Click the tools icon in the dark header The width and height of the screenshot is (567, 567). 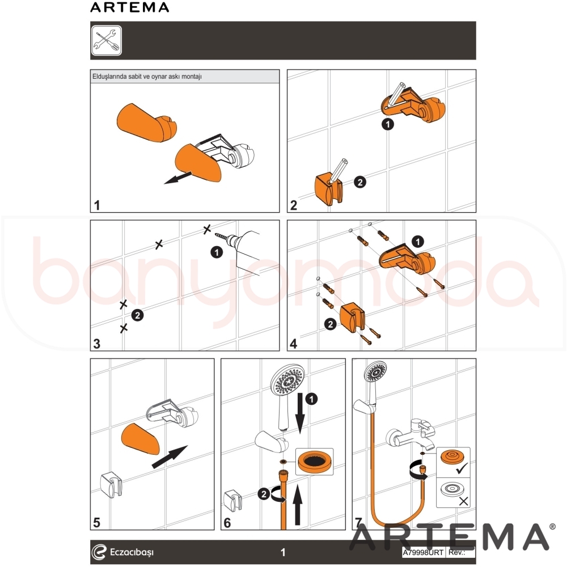(107, 40)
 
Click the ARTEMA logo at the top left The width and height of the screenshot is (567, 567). (129, 7)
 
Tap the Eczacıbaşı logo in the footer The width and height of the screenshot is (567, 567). (122, 552)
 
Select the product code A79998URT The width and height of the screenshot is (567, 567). (423, 552)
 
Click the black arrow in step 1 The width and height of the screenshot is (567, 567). (177, 177)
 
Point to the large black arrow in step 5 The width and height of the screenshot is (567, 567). (170, 456)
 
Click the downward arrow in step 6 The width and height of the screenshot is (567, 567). (300, 413)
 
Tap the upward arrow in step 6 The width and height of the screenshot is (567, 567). (297, 505)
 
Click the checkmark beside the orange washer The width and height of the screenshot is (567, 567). (462, 469)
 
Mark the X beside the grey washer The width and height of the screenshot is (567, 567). (463, 501)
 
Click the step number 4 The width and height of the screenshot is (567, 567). (294, 344)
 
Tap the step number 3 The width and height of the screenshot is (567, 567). (96, 344)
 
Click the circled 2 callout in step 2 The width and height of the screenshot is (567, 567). (360, 182)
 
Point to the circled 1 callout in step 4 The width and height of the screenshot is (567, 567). (418, 242)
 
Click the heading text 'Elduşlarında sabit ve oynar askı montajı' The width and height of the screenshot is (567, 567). (147, 77)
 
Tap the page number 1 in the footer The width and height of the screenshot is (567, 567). (283, 552)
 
